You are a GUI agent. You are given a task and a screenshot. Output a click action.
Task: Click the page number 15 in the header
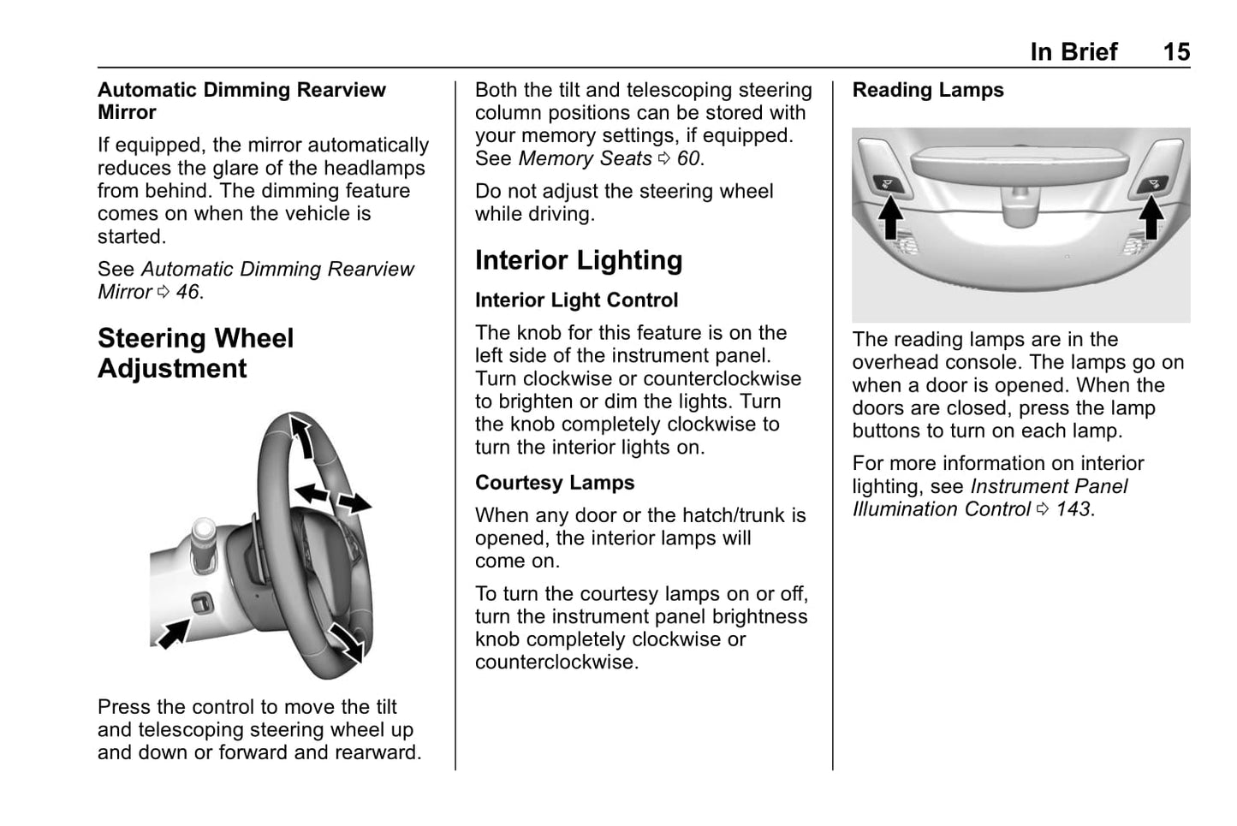[1175, 52]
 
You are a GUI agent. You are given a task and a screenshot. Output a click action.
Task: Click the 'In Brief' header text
[1073, 52]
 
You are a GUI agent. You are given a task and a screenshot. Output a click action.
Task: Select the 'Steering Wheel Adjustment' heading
[195, 354]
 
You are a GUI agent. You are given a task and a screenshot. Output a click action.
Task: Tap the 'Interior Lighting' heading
[579, 260]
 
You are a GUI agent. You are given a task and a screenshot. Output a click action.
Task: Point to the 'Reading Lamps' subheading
[928, 90]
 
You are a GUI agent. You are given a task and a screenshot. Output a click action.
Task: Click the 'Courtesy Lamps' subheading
[555, 483]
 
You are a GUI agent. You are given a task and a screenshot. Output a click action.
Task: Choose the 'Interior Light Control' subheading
[576, 300]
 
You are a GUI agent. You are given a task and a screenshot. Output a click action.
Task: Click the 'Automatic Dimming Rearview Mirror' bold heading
[241, 101]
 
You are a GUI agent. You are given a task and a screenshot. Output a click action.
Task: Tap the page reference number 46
[187, 292]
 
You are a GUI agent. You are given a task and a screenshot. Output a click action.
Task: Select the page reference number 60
[687, 158]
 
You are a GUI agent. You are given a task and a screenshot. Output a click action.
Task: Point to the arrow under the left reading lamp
[890, 219]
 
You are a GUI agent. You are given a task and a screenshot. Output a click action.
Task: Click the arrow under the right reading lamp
[1152, 219]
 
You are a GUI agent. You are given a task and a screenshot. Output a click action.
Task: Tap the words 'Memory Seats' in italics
[585, 158]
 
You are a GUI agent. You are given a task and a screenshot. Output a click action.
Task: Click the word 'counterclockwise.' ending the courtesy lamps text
[556, 663]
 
